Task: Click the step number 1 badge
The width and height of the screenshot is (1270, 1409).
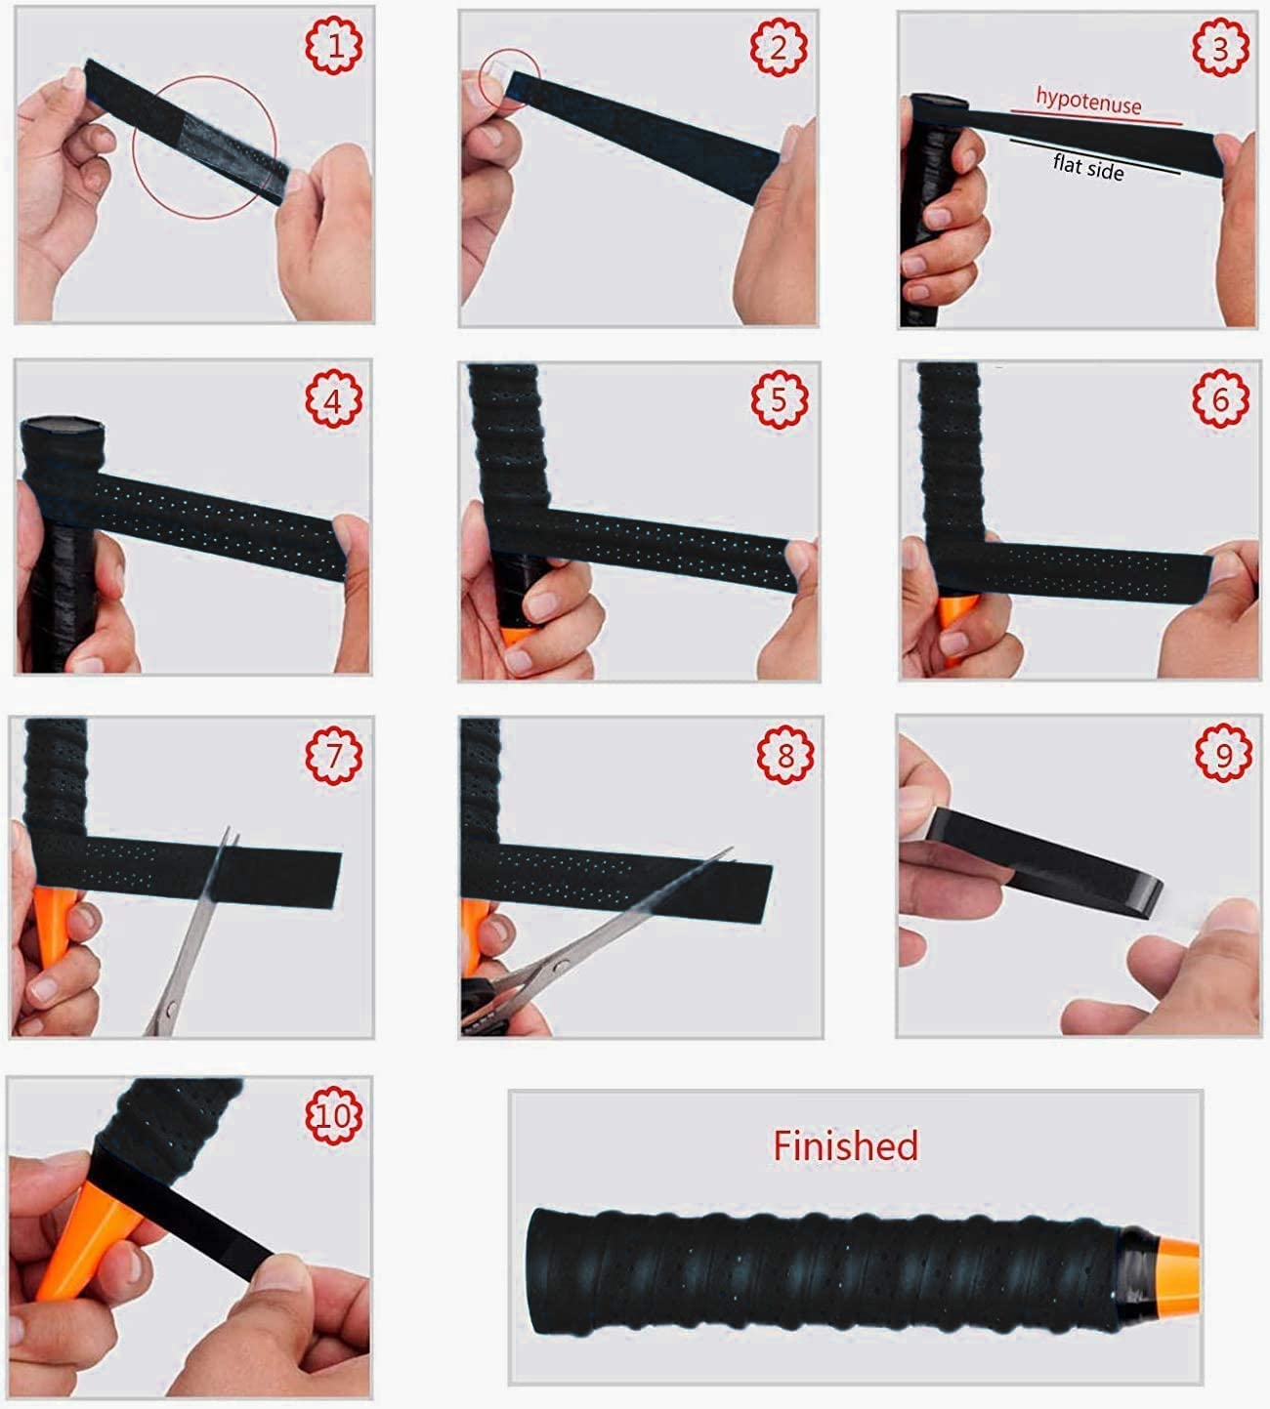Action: (x=334, y=45)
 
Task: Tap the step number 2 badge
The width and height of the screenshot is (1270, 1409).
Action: (x=779, y=46)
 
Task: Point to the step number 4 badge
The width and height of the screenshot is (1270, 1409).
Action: (x=334, y=398)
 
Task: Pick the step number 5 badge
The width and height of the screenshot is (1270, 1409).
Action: (x=780, y=399)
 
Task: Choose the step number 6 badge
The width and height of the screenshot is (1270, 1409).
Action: (x=1221, y=398)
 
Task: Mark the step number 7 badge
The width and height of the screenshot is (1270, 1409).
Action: (x=334, y=755)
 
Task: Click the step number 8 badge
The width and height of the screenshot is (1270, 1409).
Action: (x=785, y=755)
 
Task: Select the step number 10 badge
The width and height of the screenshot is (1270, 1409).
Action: (x=334, y=1115)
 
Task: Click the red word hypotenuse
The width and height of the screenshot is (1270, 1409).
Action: (x=1088, y=101)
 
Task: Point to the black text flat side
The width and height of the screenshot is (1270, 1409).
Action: (x=1088, y=167)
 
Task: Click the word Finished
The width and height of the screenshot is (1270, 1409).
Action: (x=845, y=1145)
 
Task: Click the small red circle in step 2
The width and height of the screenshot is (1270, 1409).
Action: (x=509, y=80)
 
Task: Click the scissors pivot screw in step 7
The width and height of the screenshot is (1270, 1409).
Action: (x=170, y=1011)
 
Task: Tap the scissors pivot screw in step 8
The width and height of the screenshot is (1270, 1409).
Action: (x=562, y=967)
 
